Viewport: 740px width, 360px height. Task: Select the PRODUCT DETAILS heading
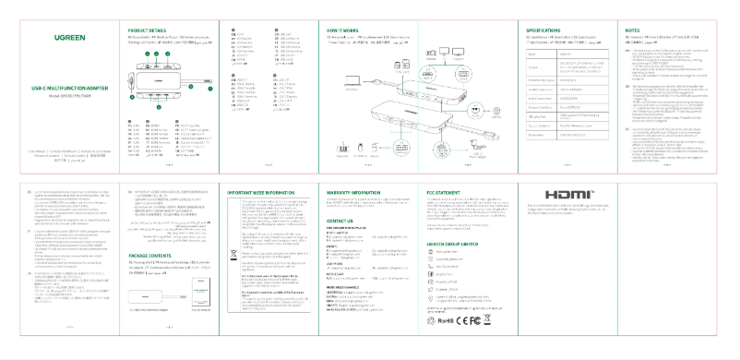(147, 30)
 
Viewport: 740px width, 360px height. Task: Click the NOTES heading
(633, 30)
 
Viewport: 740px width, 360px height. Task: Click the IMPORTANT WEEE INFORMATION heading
(260, 192)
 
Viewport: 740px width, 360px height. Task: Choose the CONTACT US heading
(340, 221)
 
